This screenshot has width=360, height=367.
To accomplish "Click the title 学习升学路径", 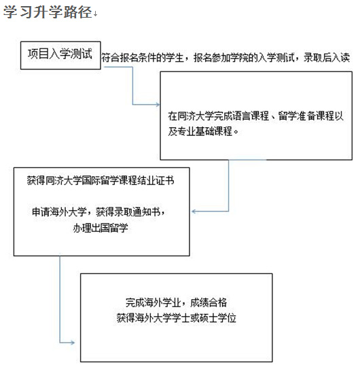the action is click(48, 12).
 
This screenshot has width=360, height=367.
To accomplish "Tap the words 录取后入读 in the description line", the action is click(327, 58).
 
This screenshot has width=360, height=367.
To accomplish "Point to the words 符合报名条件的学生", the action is click(143, 58).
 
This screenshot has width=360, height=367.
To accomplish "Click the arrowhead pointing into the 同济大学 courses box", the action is click(158, 105).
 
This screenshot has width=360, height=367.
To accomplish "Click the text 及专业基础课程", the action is click(200, 131).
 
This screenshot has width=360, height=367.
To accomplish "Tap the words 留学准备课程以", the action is click(310, 116).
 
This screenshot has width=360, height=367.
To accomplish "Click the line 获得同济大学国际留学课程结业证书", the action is click(101, 181).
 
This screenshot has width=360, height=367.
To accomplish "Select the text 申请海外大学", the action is click(59, 212).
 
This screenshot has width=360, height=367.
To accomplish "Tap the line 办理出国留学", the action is click(101, 228).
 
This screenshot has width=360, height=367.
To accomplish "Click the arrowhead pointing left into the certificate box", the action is click(194, 211).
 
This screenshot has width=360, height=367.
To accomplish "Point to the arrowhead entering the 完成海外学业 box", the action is click(72, 343).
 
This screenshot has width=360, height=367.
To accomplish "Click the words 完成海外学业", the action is click(153, 302).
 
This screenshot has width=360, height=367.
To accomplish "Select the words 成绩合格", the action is click(209, 302).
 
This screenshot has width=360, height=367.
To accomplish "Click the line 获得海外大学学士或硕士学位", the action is click(177, 318).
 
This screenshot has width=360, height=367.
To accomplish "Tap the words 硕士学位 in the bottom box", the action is click(218, 318).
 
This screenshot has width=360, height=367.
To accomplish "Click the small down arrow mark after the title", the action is click(95, 14).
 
